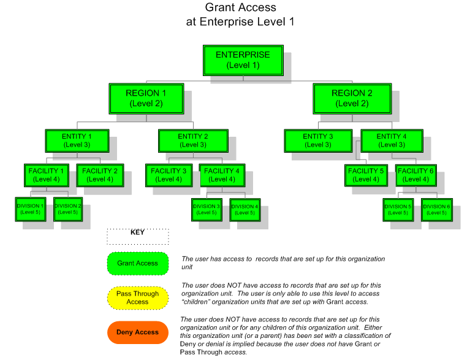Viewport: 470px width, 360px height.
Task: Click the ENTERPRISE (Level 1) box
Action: (x=243, y=60)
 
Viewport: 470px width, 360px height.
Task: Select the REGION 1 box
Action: (x=146, y=98)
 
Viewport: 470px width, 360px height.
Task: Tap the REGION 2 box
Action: (x=352, y=98)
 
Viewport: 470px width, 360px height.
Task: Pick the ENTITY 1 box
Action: (x=77, y=140)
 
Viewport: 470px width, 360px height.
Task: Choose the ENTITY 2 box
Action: (x=192, y=140)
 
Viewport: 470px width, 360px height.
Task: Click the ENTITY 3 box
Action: (x=318, y=140)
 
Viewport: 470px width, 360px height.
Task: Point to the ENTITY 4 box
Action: (x=392, y=140)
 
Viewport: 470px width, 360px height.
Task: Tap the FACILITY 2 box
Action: (x=100, y=175)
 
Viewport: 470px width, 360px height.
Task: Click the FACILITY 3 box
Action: (x=169, y=175)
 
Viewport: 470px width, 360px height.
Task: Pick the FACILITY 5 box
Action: (x=366, y=175)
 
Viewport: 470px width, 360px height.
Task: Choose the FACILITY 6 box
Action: (x=416, y=175)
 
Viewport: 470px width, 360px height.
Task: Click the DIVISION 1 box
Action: (x=31, y=209)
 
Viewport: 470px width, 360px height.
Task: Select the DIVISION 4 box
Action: (x=244, y=210)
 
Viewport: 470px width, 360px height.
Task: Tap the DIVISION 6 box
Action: (x=436, y=210)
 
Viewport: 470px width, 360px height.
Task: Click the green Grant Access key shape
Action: (x=137, y=264)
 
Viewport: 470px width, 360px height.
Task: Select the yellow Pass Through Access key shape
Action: (x=137, y=297)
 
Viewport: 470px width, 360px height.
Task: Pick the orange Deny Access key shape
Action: (x=137, y=332)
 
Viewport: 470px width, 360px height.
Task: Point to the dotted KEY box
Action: (x=137, y=236)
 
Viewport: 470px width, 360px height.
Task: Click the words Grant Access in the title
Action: (x=240, y=8)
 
